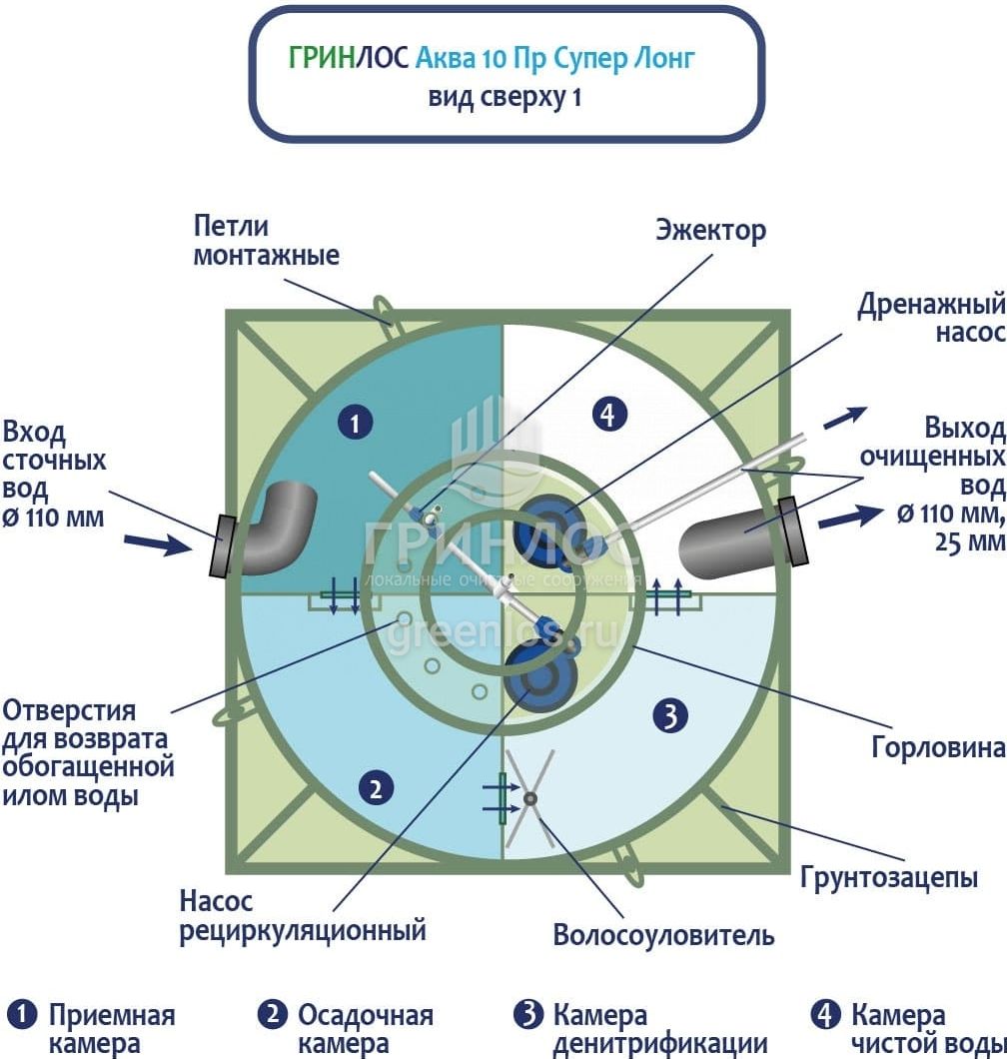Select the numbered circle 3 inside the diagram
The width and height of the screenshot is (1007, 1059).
[x=668, y=714]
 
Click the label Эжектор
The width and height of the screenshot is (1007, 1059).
[x=710, y=231]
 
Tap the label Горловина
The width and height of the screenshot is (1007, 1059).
[x=937, y=746]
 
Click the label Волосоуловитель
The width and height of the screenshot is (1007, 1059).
[x=663, y=936]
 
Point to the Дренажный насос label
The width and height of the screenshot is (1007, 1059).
[x=930, y=318]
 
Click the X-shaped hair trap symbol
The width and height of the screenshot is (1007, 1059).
[x=529, y=798]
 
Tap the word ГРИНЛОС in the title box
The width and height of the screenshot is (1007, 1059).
[x=348, y=58]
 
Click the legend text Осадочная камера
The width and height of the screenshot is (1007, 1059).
[x=364, y=1030]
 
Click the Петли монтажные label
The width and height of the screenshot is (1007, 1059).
[x=266, y=241]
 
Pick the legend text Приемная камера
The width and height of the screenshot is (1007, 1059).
[x=111, y=1030]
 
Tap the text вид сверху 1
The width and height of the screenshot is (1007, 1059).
[x=504, y=98]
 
